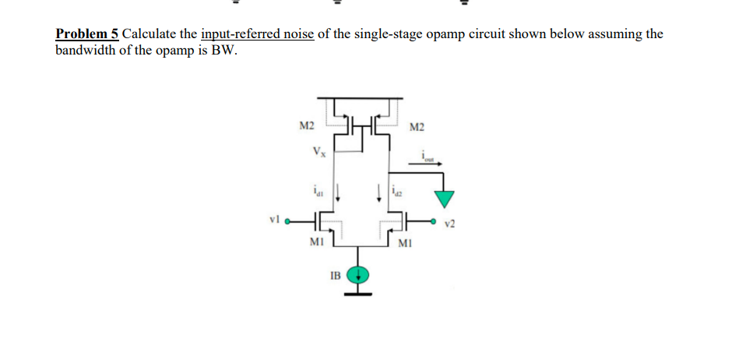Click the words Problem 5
(x=86, y=34)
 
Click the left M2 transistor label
(x=307, y=125)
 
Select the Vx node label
(x=318, y=151)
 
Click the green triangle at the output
(x=444, y=199)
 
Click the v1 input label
(x=273, y=221)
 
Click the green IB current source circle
(x=358, y=274)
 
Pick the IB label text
(x=334, y=275)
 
